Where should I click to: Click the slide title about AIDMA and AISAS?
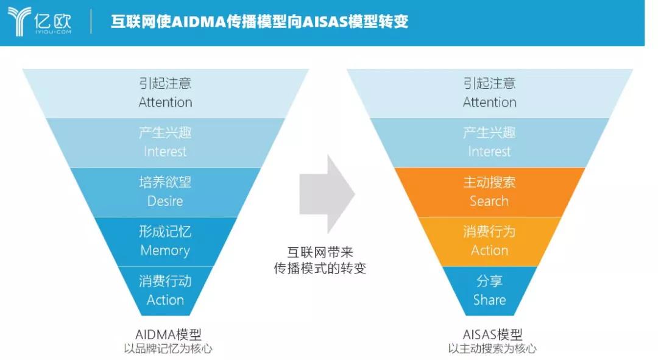pyautogui.click(x=259, y=22)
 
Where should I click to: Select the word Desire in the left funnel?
pyautogui.click(x=165, y=201)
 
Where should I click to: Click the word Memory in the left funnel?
pyautogui.click(x=165, y=250)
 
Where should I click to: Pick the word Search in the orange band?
pyautogui.click(x=489, y=201)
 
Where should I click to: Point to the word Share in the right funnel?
pyautogui.click(x=489, y=300)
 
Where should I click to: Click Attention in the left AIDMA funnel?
pyautogui.click(x=165, y=102)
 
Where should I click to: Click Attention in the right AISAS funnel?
pyautogui.click(x=489, y=102)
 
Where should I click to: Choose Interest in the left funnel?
pyautogui.click(x=165, y=152)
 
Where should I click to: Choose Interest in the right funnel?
pyautogui.click(x=489, y=152)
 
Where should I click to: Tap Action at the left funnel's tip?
pyautogui.click(x=165, y=300)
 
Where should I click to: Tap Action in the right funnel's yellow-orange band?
pyautogui.click(x=489, y=250)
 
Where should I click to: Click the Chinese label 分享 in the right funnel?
pyautogui.click(x=489, y=281)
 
